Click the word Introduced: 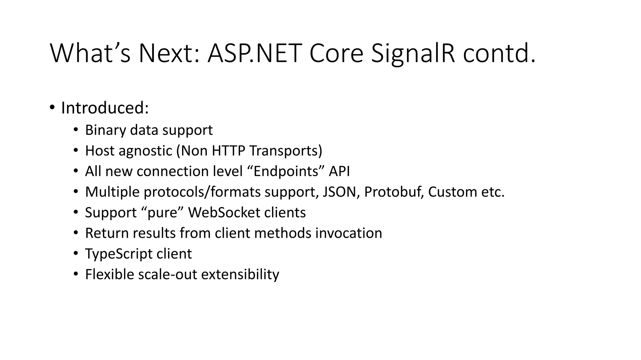[x=105, y=108]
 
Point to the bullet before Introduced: [x=52, y=108]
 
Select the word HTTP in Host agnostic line [x=228, y=151]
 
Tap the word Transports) [x=285, y=151]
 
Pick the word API [x=339, y=172]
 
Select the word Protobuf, [x=394, y=192]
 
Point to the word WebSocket [x=224, y=213]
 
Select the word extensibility [x=240, y=275]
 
